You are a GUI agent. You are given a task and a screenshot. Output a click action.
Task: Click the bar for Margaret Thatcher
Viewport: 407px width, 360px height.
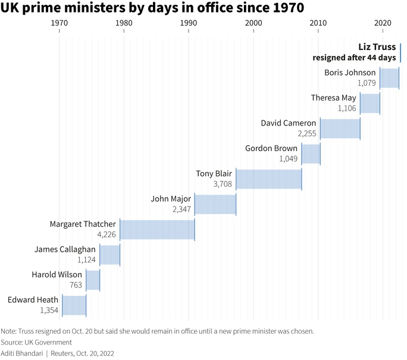(x=157, y=229)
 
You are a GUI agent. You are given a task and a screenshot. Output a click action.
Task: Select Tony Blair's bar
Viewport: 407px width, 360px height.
(x=269, y=179)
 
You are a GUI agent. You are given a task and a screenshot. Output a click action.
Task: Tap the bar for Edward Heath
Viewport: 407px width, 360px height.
(x=74, y=305)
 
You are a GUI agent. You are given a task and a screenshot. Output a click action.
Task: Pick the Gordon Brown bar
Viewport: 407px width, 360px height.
(x=311, y=154)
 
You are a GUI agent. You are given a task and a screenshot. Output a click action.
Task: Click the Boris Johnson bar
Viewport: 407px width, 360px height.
(x=389, y=78)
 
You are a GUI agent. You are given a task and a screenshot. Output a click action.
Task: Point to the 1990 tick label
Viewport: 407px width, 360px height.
(x=189, y=23)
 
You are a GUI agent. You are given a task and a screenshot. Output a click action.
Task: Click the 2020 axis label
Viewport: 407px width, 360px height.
(x=383, y=23)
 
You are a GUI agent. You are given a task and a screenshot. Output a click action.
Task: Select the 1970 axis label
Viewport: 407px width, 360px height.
(x=59, y=23)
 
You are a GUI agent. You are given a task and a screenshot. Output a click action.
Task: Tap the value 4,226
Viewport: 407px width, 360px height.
(x=106, y=235)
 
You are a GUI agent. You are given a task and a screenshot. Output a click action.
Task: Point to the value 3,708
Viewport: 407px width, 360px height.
(x=223, y=184)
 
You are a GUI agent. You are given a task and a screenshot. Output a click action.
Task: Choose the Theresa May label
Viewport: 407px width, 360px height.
(x=333, y=98)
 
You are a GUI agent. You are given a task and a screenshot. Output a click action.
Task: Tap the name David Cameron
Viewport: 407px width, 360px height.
(x=288, y=123)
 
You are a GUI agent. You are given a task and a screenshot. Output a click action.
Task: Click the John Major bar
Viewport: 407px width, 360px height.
(x=215, y=204)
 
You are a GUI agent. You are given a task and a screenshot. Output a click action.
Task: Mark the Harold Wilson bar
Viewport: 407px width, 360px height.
(x=93, y=280)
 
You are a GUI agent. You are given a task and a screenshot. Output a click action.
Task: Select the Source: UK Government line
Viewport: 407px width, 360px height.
(x=36, y=342)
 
